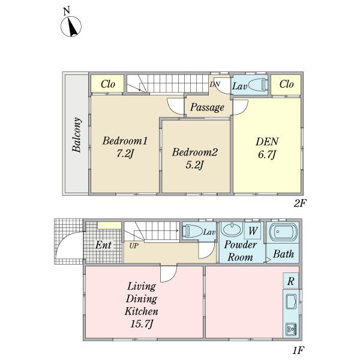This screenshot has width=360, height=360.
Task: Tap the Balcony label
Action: [x=77, y=134]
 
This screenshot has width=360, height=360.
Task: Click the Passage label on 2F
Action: [x=208, y=108]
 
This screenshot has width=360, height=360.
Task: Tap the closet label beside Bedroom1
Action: [x=108, y=85]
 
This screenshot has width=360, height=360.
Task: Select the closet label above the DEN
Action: [x=286, y=85]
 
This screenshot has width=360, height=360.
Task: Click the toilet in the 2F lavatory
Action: [x=257, y=85]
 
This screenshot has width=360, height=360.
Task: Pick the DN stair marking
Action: [x=214, y=84]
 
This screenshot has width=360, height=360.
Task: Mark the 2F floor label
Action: [x=300, y=203]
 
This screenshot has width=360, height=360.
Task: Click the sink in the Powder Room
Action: [x=232, y=230]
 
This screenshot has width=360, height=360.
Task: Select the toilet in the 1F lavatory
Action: [x=192, y=232]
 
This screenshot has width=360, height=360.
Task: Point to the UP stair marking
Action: [x=133, y=246]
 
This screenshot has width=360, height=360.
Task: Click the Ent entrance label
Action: [x=103, y=245]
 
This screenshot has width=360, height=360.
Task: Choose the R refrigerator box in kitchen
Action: [x=290, y=281]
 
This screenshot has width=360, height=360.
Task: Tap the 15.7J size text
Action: [x=142, y=325]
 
